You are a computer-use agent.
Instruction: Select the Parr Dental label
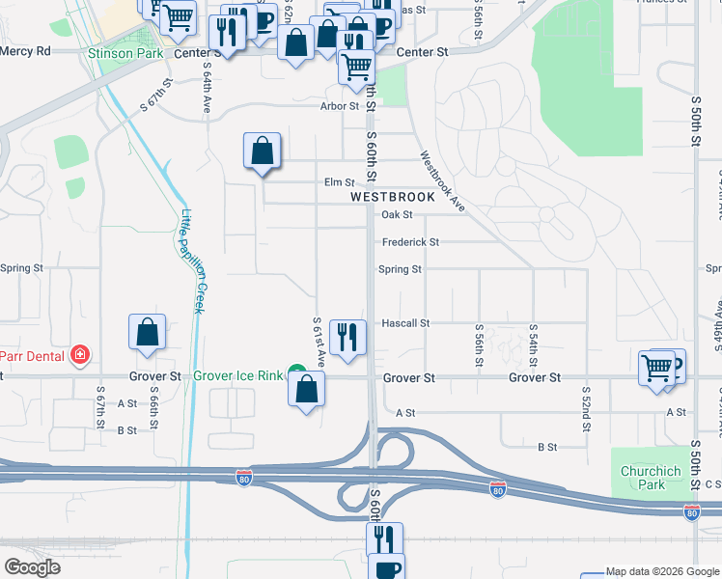(x=33, y=355)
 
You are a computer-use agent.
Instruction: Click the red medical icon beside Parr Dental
(x=80, y=355)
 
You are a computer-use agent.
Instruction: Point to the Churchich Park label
(x=647, y=478)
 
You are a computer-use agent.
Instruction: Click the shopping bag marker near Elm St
(x=262, y=151)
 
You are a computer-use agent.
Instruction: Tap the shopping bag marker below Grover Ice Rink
(x=307, y=390)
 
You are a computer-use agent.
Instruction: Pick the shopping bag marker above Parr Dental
(x=147, y=332)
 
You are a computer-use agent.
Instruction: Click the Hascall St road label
(x=404, y=323)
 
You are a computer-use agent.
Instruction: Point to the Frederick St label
(x=410, y=242)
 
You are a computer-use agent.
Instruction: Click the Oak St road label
(x=397, y=215)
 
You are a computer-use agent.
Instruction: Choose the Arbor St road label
(x=340, y=106)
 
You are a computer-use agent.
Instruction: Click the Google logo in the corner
(x=32, y=567)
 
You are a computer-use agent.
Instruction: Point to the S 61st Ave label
(x=317, y=338)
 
